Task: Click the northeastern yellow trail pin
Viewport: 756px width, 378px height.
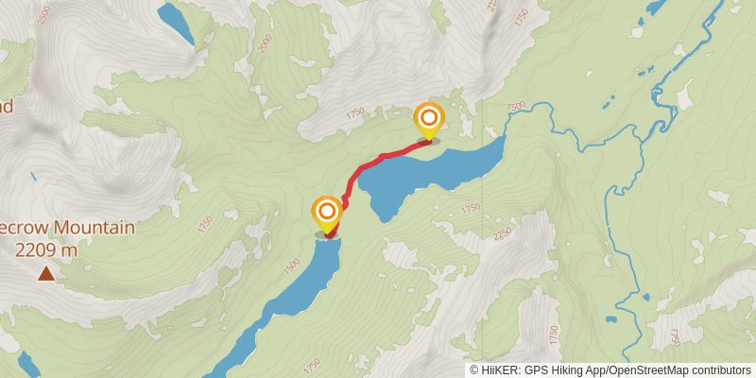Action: (429, 120)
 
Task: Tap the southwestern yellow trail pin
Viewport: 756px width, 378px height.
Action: (327, 214)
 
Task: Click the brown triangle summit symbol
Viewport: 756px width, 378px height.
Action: (45, 274)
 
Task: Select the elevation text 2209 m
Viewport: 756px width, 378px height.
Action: (45, 250)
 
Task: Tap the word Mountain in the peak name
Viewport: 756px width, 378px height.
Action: (94, 228)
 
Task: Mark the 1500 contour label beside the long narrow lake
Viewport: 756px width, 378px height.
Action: (294, 260)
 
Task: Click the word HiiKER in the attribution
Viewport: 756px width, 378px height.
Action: (500, 370)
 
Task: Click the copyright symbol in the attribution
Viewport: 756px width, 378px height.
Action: (474, 370)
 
